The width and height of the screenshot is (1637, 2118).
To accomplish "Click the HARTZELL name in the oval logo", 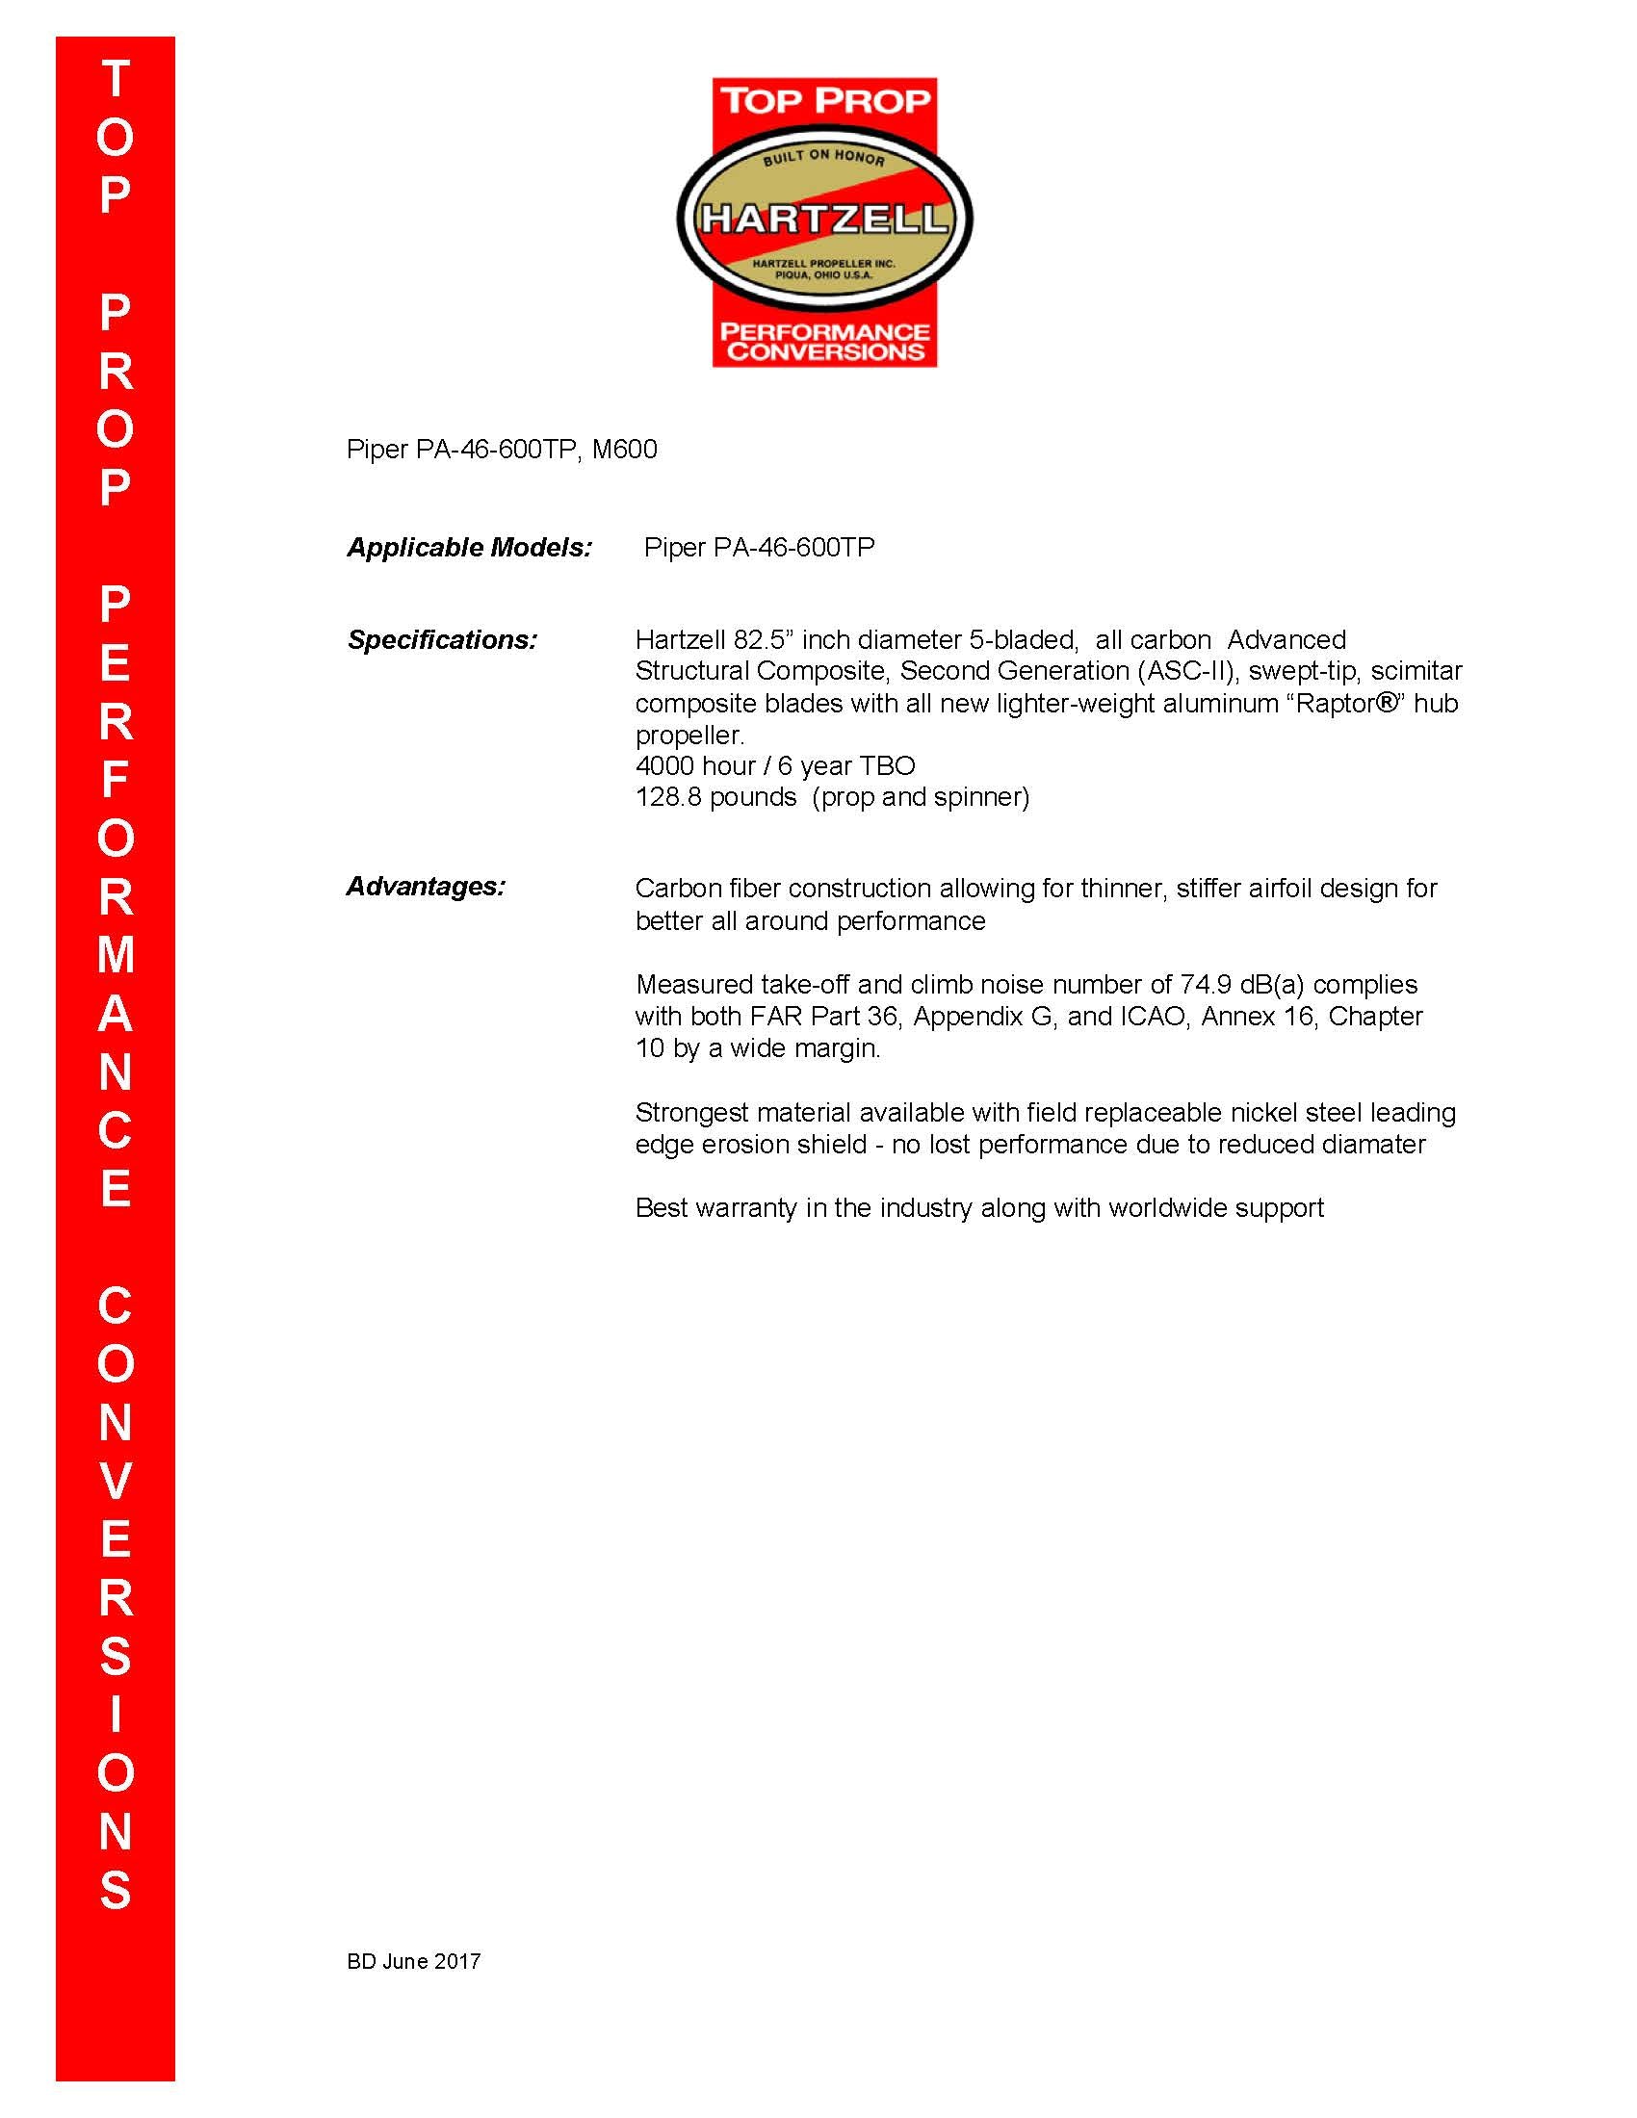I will click(x=824, y=219).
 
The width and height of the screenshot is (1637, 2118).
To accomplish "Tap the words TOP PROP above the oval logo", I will click(x=825, y=100).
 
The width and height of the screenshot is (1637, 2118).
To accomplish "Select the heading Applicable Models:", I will click(x=469, y=548).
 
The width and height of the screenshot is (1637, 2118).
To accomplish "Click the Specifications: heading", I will click(x=442, y=640).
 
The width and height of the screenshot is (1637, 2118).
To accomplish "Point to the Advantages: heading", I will click(x=426, y=887).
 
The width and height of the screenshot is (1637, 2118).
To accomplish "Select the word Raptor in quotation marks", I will click(x=1338, y=703).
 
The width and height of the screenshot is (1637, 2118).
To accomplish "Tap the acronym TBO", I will click(x=886, y=766).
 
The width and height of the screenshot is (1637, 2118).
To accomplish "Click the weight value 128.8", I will click(x=668, y=797).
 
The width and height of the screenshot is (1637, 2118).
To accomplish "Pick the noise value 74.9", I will click(x=1206, y=985).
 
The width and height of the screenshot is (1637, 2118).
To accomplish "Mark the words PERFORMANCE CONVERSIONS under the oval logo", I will click(x=825, y=343).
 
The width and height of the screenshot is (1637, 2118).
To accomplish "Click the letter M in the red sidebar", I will click(x=116, y=955).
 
